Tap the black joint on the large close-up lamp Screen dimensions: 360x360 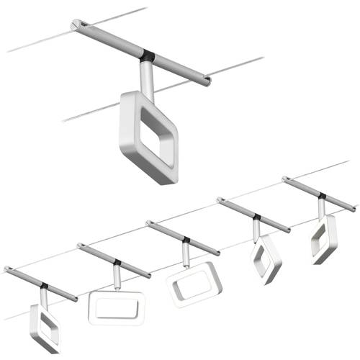[148, 55]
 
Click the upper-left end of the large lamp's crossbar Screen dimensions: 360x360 [77, 25]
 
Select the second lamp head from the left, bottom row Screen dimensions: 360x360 [116, 307]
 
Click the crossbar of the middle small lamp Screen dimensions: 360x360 [183, 238]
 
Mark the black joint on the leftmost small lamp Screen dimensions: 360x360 [45, 286]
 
